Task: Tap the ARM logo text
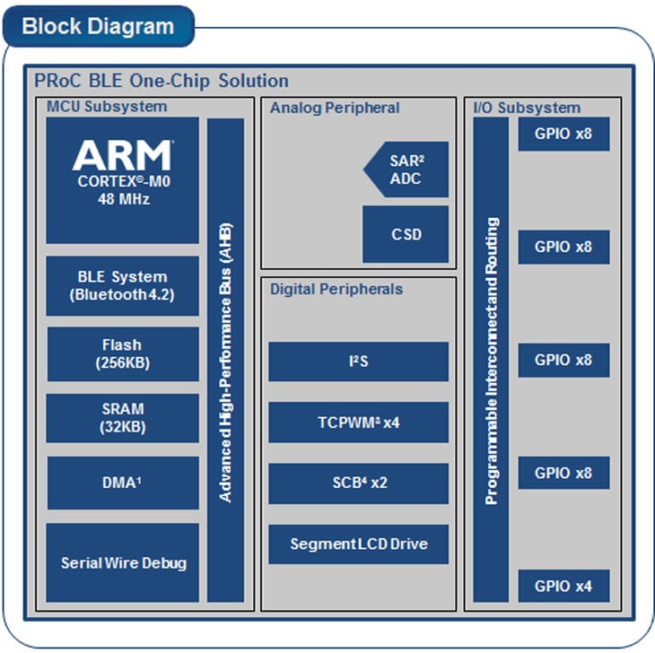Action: (x=121, y=155)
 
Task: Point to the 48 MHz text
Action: (x=122, y=199)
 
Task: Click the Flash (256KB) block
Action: (x=122, y=354)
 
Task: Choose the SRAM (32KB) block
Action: (x=122, y=418)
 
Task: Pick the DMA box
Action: (x=122, y=483)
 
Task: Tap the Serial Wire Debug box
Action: (x=122, y=563)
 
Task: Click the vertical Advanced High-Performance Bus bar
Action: (x=225, y=360)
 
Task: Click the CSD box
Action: (x=406, y=235)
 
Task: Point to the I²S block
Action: (x=358, y=361)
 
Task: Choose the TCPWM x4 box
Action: (x=358, y=422)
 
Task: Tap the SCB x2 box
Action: (x=358, y=483)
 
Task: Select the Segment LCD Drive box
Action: (x=358, y=544)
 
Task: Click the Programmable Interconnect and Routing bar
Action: (x=491, y=360)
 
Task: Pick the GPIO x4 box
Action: (x=563, y=586)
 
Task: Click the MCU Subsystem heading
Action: (x=106, y=108)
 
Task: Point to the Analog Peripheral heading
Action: (x=335, y=108)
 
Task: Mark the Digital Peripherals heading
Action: (x=336, y=289)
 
